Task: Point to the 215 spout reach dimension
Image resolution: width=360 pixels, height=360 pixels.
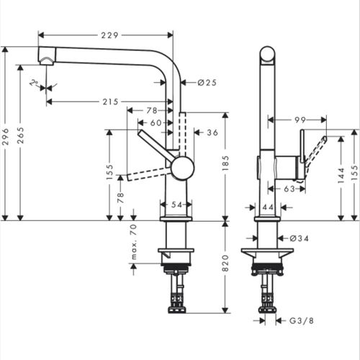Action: [110, 102]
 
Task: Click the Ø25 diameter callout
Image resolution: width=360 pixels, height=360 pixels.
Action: [207, 83]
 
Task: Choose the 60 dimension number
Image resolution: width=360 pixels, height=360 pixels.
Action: [156, 122]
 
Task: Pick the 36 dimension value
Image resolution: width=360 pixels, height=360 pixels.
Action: [212, 132]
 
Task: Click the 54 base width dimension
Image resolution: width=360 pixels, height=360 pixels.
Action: [176, 205]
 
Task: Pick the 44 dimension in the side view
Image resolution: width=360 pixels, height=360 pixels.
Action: [267, 207]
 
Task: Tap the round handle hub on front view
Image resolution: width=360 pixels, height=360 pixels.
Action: [182, 169]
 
